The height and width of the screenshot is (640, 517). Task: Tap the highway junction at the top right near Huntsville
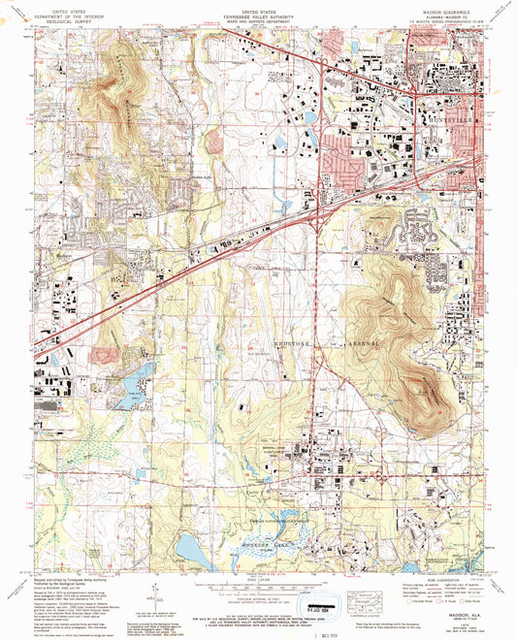(415, 90)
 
